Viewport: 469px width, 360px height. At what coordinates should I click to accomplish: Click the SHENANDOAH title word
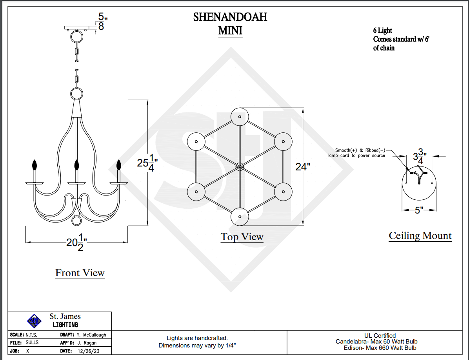coord(230,17)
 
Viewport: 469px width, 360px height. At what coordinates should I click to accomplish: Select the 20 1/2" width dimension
coord(76,242)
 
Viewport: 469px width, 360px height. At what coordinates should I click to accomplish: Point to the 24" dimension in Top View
coord(303,167)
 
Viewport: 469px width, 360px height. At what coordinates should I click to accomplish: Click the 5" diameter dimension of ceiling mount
coord(419,210)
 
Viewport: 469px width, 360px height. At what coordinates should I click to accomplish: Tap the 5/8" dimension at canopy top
coord(101,22)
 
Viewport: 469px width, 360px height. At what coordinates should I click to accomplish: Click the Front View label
coord(80,273)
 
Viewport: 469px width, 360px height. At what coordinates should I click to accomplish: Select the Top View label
coord(242,237)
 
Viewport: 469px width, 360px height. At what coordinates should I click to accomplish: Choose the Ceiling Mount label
coord(420,236)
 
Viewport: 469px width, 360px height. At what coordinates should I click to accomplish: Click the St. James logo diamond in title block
coord(34,321)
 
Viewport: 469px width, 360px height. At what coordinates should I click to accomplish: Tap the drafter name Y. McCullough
coord(91,335)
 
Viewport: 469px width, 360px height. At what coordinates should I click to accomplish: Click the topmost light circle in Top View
coord(240,116)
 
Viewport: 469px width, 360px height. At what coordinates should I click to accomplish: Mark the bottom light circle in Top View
coord(240,217)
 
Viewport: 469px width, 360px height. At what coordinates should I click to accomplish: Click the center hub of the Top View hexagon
coord(240,167)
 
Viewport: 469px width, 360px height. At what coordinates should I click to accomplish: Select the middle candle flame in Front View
coord(77,165)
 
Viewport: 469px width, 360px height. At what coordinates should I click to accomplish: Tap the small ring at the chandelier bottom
coord(77,221)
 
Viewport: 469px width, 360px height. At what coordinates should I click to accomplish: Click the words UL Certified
coord(380,335)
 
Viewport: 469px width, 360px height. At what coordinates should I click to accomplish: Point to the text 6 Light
coord(382,31)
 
